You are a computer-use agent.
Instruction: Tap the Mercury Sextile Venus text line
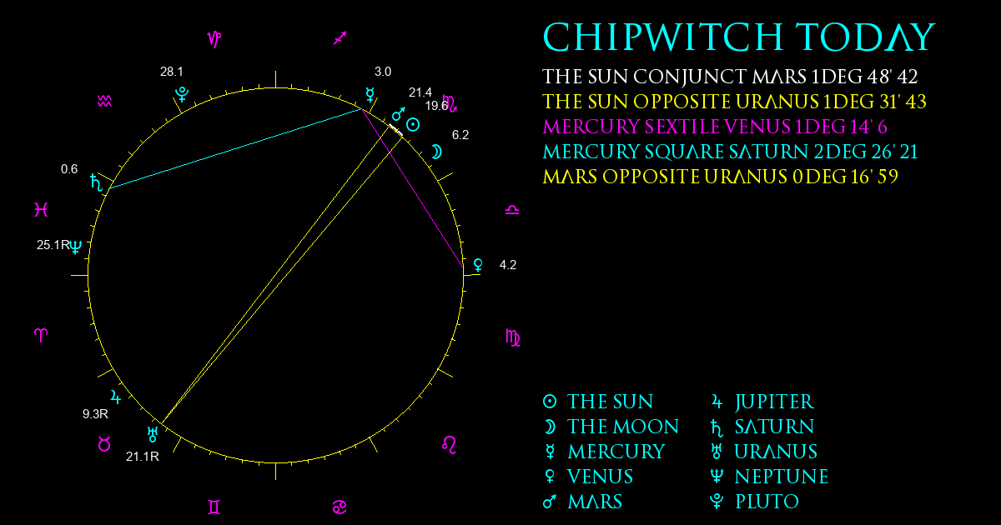pos(715,127)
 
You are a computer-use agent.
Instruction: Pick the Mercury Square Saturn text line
pos(730,152)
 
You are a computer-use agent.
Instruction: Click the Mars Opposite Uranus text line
pos(721,177)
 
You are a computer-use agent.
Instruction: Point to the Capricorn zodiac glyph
pos(214,39)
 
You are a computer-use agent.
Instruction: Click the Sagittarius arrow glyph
pos(340,38)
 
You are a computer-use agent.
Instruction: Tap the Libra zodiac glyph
pos(512,210)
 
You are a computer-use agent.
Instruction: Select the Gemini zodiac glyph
pos(214,507)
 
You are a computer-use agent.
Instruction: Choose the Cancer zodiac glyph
pos(340,507)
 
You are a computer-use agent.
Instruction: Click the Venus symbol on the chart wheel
pos(478,265)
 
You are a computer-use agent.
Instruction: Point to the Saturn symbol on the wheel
pos(96,182)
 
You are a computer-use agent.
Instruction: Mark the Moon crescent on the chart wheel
pos(436,152)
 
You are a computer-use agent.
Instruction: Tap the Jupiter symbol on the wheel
pos(115,397)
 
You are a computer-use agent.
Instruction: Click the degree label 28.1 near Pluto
pos(172,72)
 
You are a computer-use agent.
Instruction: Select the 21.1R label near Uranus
pos(143,457)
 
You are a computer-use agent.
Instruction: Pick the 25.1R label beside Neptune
pos(53,245)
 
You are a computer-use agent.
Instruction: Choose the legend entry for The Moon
pos(611,427)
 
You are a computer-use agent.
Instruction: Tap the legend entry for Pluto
pos(754,502)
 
